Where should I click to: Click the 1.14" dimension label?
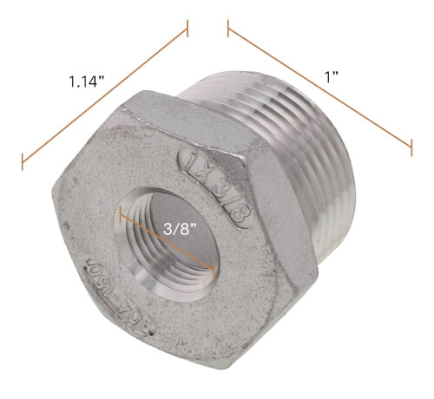point(87,83)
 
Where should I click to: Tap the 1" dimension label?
point(329,76)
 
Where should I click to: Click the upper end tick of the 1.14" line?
point(187,32)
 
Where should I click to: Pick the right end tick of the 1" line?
point(411,148)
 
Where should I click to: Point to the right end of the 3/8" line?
point(214,270)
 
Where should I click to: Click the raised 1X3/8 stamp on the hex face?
point(213,190)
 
